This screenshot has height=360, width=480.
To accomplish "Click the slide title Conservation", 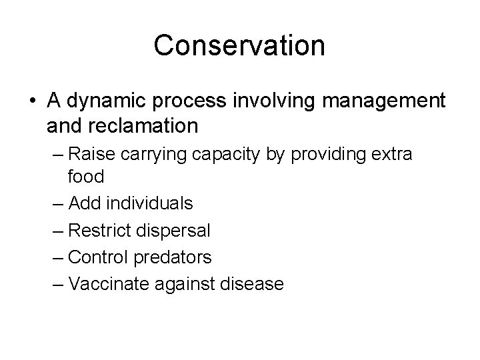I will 239,45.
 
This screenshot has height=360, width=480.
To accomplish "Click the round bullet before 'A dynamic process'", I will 32,101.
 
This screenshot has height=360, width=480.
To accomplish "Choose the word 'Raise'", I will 93,155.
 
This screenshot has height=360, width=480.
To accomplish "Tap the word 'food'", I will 85,176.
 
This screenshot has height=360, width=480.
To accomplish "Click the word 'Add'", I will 83,202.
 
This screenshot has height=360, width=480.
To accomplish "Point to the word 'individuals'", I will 147,202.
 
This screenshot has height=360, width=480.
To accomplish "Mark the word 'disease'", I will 251,284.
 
